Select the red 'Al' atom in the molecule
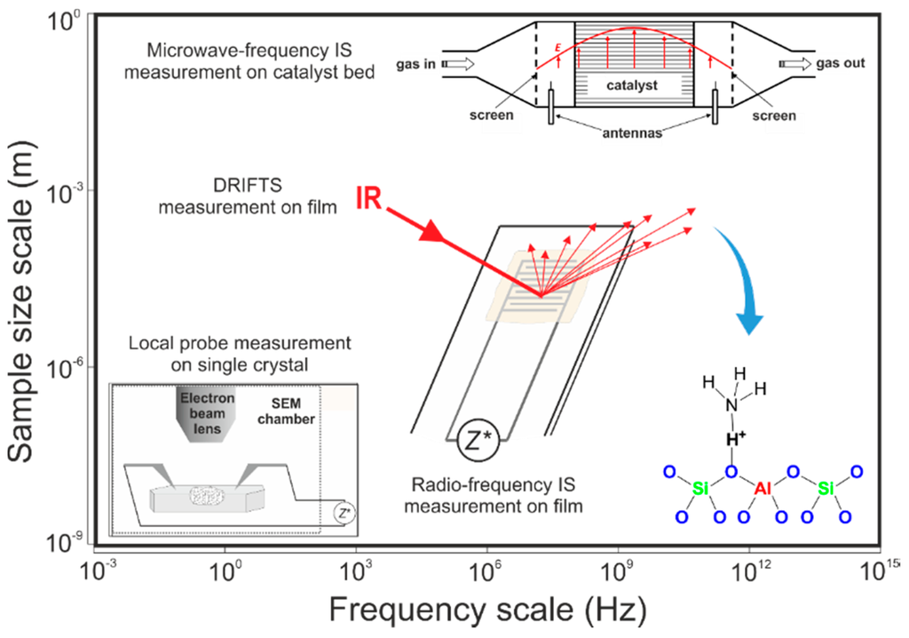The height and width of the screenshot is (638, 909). [763, 490]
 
